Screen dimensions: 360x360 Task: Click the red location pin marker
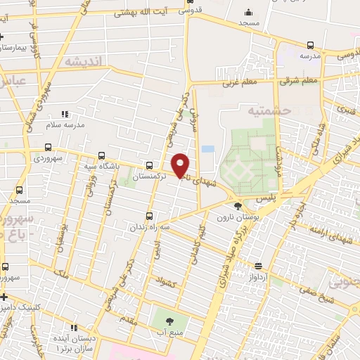pos(181,165)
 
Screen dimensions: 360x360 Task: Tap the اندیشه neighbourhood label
pos(84,62)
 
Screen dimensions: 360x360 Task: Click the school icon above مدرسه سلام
pos(65,113)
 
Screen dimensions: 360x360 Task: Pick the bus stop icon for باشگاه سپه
pos(102,156)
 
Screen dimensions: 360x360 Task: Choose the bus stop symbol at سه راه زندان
pos(148,216)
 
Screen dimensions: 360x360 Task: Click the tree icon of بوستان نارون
pos(238,206)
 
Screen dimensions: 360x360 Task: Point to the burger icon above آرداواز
pos(258,266)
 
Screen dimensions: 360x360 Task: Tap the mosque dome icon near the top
pos(247,12)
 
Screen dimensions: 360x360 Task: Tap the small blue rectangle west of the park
pos(207,149)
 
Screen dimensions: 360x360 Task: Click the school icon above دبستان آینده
pos(74,328)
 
